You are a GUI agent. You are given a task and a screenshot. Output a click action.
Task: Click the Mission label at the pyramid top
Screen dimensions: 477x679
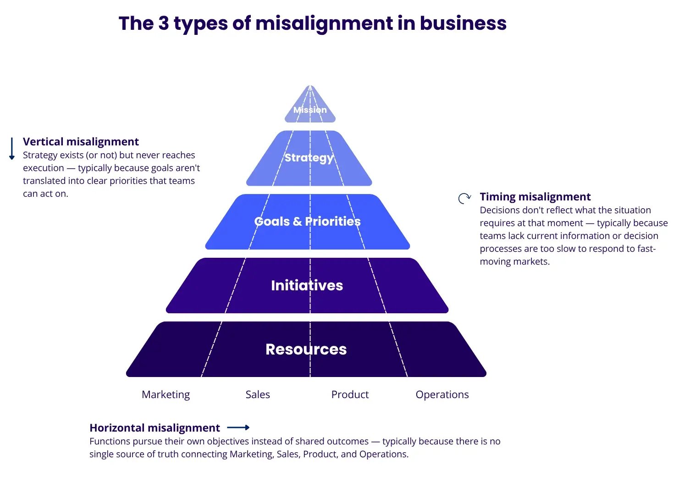point(310,110)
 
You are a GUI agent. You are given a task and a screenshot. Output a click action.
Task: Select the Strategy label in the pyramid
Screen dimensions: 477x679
point(309,158)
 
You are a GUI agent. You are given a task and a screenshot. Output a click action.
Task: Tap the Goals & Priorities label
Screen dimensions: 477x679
point(307,222)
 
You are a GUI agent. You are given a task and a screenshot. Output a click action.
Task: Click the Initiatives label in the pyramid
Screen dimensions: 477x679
point(307,285)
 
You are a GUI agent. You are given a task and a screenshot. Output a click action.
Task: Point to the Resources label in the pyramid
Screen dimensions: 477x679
point(306,349)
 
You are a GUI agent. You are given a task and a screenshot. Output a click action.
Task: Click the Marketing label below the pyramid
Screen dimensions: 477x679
point(166,394)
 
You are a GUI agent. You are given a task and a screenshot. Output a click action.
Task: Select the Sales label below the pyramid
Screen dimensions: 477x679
point(258,394)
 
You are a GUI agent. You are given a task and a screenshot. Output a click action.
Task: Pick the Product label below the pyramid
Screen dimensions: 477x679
point(350,394)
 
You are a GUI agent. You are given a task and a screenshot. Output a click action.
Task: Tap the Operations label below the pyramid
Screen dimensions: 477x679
point(442,394)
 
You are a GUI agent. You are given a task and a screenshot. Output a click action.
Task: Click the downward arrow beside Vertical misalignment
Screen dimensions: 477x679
point(12,149)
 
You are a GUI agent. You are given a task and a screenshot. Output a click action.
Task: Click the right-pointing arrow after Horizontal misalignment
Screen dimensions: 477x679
point(238,427)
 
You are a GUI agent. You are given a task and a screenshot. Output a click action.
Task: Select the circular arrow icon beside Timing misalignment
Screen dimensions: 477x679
point(464,198)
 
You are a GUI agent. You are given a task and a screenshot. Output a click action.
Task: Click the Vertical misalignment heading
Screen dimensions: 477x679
point(81,142)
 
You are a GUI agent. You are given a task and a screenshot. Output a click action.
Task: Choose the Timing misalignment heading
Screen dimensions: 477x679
point(535,197)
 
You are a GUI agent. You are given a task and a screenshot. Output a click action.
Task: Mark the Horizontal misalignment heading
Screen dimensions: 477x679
point(155,428)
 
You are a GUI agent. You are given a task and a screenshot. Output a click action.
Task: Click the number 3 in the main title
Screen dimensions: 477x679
point(164,23)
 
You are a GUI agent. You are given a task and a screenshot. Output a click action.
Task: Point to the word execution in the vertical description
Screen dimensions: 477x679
point(44,168)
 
